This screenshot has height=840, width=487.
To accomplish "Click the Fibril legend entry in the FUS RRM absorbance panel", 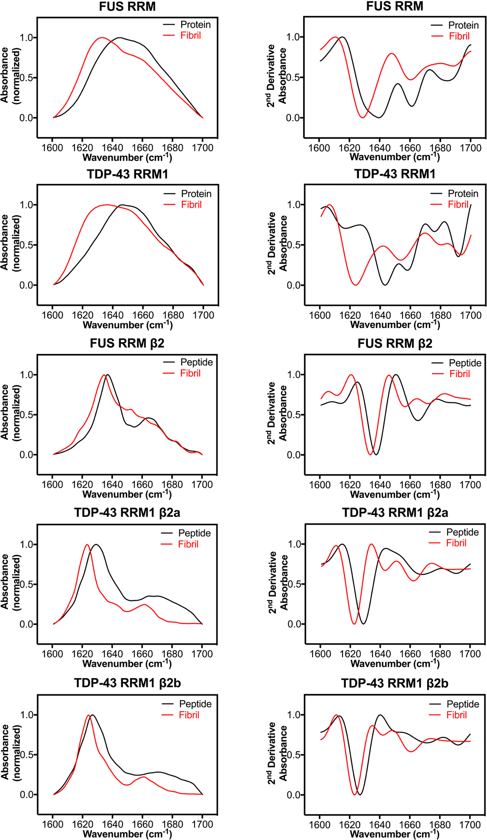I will click(190, 36).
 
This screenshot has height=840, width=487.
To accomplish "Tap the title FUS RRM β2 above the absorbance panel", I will click(127, 343).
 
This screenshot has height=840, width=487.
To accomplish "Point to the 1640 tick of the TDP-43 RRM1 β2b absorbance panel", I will click(112, 824).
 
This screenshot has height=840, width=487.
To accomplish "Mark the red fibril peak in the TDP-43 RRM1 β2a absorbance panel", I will click(87, 544).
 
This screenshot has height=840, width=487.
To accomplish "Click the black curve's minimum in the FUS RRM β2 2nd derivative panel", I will click(376, 454).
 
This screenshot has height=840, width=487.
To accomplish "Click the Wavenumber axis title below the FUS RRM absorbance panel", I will click(127, 157).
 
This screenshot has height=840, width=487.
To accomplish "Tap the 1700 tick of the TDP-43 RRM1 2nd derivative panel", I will click(470, 315).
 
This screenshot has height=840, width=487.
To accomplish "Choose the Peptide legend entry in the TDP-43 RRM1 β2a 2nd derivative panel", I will click(462, 532).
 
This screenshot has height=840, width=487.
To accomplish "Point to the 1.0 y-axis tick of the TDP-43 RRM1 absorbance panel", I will click(26, 205).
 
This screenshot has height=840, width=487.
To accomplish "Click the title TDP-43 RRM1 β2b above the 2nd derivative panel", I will click(395, 683).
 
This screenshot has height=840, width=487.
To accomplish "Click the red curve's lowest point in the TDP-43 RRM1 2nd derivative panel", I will click(355, 285).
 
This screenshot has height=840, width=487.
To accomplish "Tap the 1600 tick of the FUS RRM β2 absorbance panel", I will click(52, 484).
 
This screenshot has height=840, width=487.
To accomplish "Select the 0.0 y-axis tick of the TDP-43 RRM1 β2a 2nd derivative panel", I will click(294, 624).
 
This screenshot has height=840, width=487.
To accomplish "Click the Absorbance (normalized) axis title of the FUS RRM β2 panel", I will click(10, 412).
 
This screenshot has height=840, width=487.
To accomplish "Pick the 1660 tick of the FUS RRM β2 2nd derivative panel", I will click(410, 485).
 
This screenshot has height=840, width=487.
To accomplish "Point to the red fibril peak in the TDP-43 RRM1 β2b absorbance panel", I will click(88, 715).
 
